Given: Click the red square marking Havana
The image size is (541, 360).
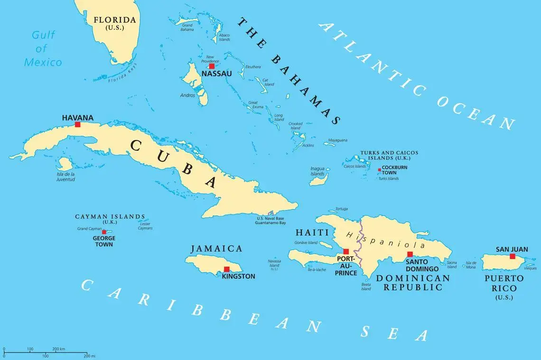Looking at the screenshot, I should (x=78, y=125).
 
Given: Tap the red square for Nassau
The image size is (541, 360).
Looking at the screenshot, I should (x=212, y=66).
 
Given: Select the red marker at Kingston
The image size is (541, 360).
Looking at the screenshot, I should (x=226, y=269).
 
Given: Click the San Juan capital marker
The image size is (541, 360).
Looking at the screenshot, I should (x=512, y=256).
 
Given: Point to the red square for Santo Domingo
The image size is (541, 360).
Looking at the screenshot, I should (x=410, y=254).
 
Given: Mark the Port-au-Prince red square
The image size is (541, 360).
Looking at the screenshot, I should (x=346, y=252).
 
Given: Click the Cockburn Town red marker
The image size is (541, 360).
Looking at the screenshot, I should (x=379, y=170).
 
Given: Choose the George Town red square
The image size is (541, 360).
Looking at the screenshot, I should (x=104, y=232).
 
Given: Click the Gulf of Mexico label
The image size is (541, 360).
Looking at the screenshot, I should (x=43, y=48).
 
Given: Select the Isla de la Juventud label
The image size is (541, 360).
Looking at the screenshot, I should (x=66, y=177).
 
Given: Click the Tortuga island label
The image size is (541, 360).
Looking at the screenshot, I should (x=341, y=209).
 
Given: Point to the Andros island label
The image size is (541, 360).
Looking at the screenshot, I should (x=187, y=95).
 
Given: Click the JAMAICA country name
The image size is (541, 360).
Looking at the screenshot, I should (x=216, y=249).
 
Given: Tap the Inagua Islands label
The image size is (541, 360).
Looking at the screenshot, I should (x=317, y=171).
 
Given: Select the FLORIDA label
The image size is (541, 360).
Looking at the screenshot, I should (x=115, y=20).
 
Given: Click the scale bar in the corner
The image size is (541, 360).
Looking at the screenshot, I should (x=45, y=352).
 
